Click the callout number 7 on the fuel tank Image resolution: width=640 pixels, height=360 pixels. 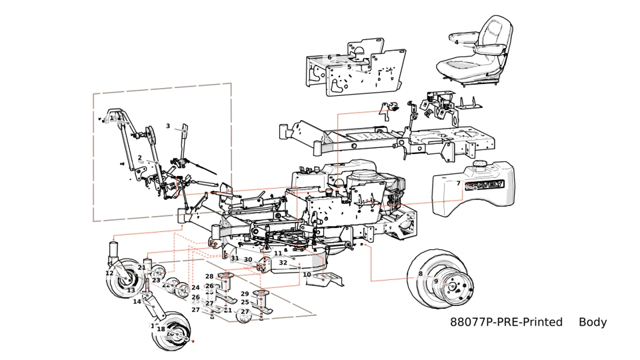click(458, 183)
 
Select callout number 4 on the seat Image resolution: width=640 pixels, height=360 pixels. click(456, 43)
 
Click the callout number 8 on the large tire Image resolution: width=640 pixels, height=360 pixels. click(421, 273)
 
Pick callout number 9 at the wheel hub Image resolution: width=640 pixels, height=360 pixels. click(436, 281)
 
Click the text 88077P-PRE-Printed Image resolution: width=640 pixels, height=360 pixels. click(507, 322)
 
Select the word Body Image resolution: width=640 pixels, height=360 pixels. click(593, 322)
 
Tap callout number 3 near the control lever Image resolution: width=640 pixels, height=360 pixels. click(168, 126)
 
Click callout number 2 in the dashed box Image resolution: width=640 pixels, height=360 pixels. click(140, 158)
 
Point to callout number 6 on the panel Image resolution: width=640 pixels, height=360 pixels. click(329, 57)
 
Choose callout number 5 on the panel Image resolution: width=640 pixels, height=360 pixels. click(349, 67)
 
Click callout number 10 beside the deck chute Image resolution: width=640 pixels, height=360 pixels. click(307, 274)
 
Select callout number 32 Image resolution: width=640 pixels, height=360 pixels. click(283, 263)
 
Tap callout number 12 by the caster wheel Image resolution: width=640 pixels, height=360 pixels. click(109, 273)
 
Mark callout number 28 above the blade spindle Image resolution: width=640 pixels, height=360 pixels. click(209, 276)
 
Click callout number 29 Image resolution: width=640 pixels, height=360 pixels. click(245, 294)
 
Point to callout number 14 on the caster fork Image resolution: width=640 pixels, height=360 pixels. click(137, 301)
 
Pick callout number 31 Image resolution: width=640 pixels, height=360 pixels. click(235, 259)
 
